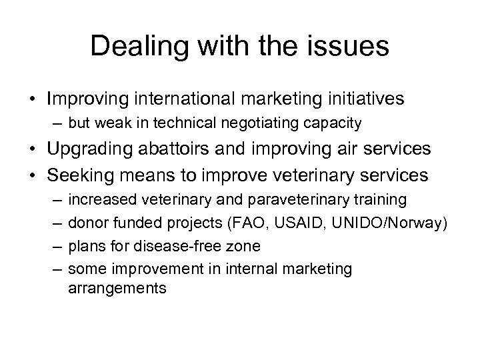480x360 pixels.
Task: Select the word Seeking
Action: pos(78,176)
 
